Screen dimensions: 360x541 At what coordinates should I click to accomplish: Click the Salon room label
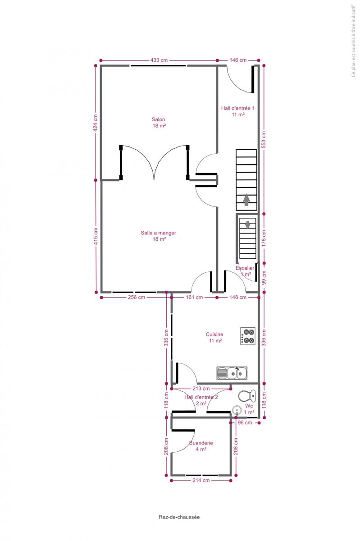[159, 119]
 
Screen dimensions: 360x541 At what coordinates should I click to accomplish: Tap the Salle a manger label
[159, 233]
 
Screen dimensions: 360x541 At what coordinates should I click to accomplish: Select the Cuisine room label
[214, 334]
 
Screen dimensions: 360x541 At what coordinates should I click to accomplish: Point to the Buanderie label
[201, 443]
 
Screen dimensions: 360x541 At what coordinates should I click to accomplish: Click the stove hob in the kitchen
[247, 336]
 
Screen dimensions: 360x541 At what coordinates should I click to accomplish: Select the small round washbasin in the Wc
[237, 410]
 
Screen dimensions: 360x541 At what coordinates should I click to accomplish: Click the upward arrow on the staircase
[246, 200]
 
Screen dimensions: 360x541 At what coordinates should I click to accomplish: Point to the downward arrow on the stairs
[248, 225]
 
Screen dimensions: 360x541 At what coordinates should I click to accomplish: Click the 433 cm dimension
[159, 60]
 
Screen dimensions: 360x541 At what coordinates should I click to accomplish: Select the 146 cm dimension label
[238, 60]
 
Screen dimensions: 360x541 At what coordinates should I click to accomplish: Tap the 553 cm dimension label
[264, 140]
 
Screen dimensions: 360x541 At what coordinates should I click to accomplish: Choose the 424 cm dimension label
[96, 123]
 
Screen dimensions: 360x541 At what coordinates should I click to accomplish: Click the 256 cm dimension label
[137, 297]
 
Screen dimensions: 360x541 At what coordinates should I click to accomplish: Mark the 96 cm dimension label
[245, 423]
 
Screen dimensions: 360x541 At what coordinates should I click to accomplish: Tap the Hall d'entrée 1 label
[238, 108]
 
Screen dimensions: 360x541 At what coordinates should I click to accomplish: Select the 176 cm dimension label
[264, 238]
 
